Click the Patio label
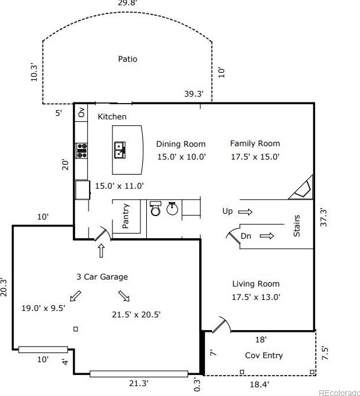click(128, 59)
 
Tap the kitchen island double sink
click(120, 150)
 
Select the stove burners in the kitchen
click(82, 151)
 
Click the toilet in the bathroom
click(156, 208)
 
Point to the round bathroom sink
click(172, 208)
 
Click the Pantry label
click(126, 216)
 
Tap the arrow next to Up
click(245, 211)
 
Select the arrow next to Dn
click(267, 236)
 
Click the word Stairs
click(297, 226)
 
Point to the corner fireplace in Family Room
click(302, 188)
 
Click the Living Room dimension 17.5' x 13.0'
click(256, 297)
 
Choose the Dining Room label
click(181, 144)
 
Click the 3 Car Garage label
click(102, 277)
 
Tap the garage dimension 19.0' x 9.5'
click(44, 308)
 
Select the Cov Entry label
click(264, 355)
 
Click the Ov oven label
click(82, 112)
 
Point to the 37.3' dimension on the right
click(324, 217)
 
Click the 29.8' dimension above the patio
click(128, 3)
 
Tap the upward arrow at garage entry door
click(101, 250)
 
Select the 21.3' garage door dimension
click(139, 383)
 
